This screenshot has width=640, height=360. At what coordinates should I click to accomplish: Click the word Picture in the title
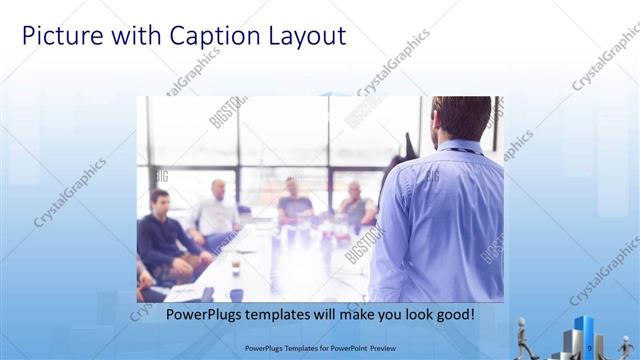coord(60,37)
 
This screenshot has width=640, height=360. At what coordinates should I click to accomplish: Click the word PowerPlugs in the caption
coord(205,314)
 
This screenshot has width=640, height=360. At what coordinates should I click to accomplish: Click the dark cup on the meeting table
coord(236,267)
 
